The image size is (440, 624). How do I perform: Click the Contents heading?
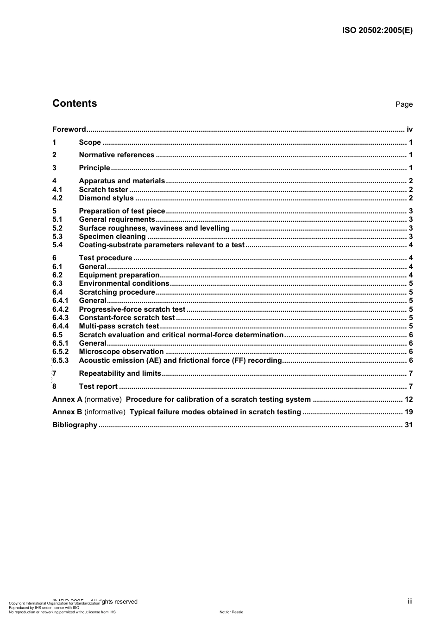point(75,103)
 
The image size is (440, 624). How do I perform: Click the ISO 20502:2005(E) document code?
point(377,31)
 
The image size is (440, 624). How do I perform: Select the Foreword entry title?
point(69,129)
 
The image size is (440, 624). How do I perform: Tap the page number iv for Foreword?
point(409,129)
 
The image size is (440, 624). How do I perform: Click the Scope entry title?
point(90,142)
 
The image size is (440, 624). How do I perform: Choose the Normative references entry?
point(116,155)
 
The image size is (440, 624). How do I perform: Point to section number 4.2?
point(57,198)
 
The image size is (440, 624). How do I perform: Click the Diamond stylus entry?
point(106,198)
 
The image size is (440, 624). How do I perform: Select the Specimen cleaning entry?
point(112,237)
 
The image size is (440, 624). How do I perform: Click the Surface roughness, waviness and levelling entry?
point(154,228)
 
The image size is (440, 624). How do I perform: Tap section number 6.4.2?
point(60,309)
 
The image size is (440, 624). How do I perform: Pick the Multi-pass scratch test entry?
point(119,326)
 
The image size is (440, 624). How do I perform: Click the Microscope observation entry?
point(121,352)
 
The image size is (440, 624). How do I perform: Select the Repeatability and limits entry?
point(120,373)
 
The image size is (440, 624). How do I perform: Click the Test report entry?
point(98,386)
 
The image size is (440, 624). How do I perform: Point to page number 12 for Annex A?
point(409,399)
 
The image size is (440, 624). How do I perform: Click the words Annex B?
point(67,412)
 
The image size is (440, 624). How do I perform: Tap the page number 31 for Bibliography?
point(409,425)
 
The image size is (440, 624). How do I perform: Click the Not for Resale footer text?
point(231,612)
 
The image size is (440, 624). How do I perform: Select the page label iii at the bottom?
point(410,601)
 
